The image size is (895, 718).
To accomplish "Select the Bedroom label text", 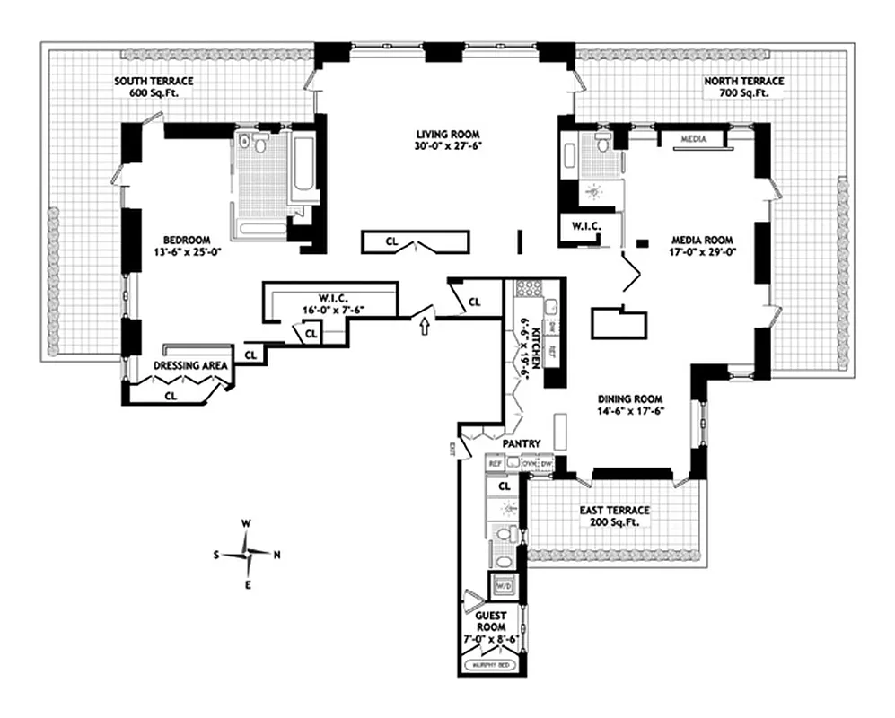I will click(187, 240).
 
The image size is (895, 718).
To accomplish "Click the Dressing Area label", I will click(189, 365).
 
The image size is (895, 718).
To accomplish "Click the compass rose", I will click(248, 555).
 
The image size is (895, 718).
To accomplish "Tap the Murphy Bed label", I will click(492, 665).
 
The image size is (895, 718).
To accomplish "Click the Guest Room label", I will click(491, 620).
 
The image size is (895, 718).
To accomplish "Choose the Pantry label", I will click(521, 443).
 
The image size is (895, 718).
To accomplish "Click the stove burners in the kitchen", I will click(525, 290).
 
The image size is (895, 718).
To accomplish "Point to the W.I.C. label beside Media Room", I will click(579, 225).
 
